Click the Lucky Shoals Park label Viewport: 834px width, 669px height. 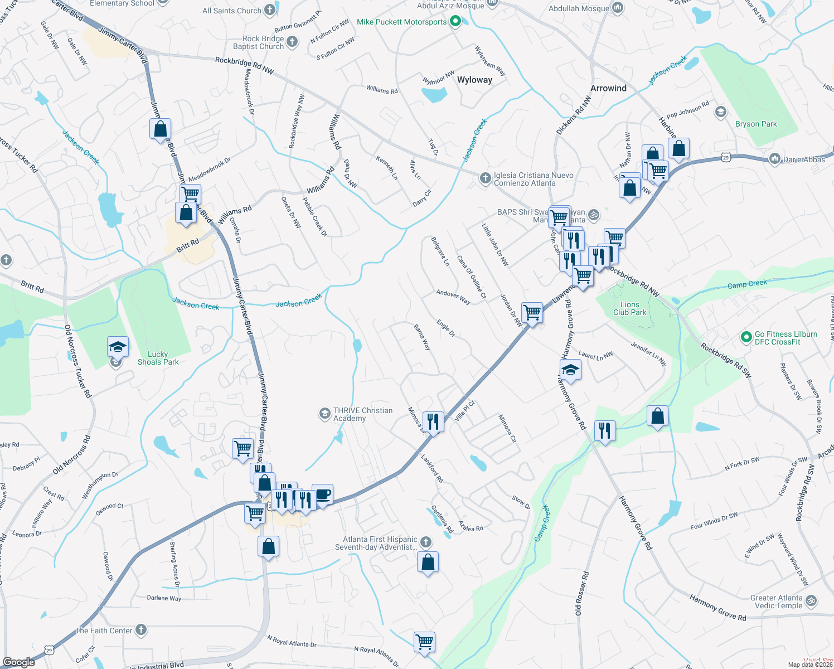click(158, 358)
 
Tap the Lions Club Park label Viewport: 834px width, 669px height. click(629, 308)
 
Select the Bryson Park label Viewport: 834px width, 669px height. click(755, 124)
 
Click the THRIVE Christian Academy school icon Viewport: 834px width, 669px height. click(324, 413)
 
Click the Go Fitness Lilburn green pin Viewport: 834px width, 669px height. click(746, 337)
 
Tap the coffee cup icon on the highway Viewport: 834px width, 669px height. click(322, 495)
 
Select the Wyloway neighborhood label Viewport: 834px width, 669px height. click(474, 80)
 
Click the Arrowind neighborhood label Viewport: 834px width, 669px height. click(608, 88)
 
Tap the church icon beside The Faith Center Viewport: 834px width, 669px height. click(141, 630)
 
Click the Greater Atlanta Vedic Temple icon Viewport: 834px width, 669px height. click(811, 600)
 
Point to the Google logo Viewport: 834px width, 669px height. click(19, 662)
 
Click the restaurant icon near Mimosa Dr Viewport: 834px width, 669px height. click(433, 421)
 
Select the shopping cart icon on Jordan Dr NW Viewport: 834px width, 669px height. click(532, 312)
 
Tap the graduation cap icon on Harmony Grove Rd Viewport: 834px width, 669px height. click(570, 369)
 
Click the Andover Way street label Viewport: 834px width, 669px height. click(453, 297)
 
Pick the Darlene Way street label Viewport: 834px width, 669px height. click(164, 598)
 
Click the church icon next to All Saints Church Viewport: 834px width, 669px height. click(270, 9)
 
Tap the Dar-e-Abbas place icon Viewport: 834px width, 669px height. click(774, 159)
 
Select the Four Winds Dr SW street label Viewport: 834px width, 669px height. click(714, 521)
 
